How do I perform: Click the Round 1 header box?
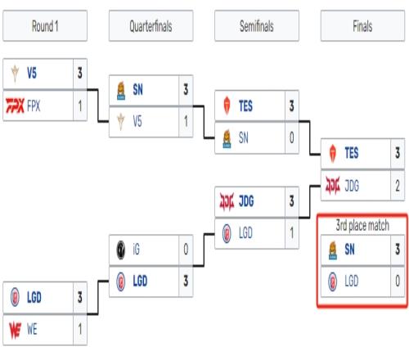(x=45, y=26)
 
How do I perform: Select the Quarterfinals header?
(x=151, y=26)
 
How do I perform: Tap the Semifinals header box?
(x=257, y=26)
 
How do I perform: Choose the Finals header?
(x=362, y=26)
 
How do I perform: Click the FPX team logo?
(x=16, y=106)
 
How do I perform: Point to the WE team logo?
(x=15, y=330)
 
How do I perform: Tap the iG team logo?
(x=121, y=250)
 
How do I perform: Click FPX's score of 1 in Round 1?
(x=80, y=106)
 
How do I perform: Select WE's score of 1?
(x=80, y=330)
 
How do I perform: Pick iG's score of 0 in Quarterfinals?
(x=186, y=250)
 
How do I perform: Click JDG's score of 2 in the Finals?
(x=398, y=186)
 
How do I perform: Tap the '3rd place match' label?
(x=362, y=226)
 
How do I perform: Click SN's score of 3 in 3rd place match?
(x=398, y=250)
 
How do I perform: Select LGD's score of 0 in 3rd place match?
(x=398, y=281)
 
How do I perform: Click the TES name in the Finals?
(x=352, y=153)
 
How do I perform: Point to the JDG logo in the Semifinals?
(x=227, y=201)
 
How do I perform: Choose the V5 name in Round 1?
(x=32, y=73)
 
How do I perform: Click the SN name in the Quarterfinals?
(x=137, y=89)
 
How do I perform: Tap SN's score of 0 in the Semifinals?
(x=291, y=137)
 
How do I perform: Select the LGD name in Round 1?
(x=34, y=297)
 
